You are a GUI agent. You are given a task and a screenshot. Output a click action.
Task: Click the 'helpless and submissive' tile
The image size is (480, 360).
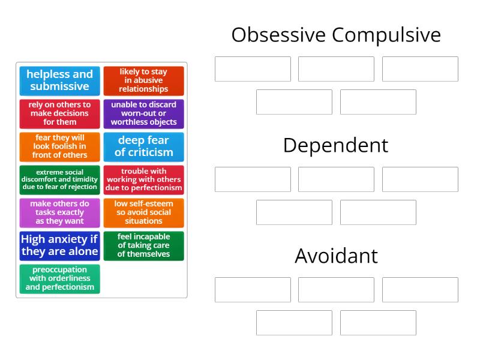click(x=59, y=80)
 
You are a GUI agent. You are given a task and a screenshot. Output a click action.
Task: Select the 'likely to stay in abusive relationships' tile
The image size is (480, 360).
click(x=143, y=80)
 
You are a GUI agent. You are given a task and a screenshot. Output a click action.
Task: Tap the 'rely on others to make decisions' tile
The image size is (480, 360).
click(x=59, y=113)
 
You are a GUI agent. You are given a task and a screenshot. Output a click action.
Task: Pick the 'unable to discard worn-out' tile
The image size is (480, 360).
click(x=143, y=113)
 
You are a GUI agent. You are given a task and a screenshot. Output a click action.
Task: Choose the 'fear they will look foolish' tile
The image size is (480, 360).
click(x=59, y=146)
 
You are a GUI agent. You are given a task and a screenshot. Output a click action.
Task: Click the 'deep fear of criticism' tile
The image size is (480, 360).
click(x=143, y=146)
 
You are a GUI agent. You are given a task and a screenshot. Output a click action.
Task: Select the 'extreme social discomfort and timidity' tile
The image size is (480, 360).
click(x=59, y=179)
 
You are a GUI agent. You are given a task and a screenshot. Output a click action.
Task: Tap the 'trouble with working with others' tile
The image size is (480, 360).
click(x=143, y=179)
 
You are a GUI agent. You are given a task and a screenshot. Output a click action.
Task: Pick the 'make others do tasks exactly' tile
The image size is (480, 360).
click(x=59, y=212)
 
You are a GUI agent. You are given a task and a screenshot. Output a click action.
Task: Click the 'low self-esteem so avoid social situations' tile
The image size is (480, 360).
click(x=143, y=212)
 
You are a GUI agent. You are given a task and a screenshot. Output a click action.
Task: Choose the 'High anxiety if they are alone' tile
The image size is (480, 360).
click(x=59, y=245)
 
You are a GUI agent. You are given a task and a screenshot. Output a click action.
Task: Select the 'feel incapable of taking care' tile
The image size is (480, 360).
click(x=143, y=245)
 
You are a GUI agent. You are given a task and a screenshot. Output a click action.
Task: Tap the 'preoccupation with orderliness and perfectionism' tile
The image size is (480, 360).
click(x=59, y=278)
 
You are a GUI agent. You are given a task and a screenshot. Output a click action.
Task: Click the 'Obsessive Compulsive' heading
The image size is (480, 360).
click(x=336, y=35)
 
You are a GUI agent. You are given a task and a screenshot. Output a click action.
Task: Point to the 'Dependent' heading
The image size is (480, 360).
click(x=336, y=145)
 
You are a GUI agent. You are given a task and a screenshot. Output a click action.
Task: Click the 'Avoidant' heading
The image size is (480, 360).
click(x=336, y=256)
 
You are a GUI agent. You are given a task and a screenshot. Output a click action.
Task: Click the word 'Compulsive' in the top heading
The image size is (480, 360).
click(x=386, y=35)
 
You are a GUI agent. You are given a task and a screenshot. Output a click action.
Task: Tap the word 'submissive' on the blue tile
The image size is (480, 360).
click(x=59, y=86)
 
